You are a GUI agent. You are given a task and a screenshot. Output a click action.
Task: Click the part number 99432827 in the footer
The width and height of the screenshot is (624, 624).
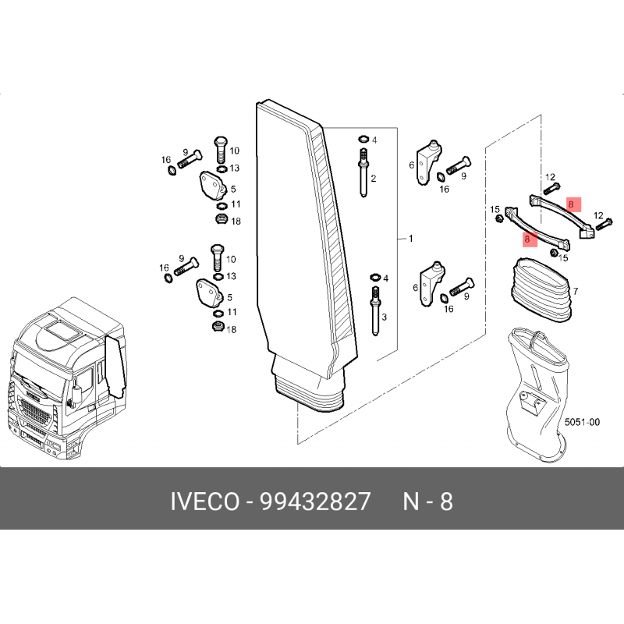(x=315, y=501)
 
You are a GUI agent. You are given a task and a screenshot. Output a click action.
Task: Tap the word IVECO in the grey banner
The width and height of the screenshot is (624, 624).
(x=205, y=501)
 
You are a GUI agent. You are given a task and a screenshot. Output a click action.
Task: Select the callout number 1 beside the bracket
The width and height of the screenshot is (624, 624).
(x=411, y=239)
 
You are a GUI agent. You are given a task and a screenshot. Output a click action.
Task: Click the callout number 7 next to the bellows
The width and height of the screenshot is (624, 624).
(x=576, y=291)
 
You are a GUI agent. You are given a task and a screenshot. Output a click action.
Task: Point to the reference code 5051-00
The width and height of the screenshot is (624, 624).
(x=582, y=422)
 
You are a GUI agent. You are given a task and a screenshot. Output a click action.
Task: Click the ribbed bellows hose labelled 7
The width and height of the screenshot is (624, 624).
(x=541, y=290)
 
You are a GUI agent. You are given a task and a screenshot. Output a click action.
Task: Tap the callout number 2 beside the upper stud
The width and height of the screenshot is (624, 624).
(x=374, y=179)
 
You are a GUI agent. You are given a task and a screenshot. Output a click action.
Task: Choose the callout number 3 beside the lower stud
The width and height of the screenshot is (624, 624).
(x=384, y=317)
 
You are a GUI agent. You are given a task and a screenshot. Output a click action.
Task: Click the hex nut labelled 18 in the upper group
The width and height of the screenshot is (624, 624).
(x=221, y=218)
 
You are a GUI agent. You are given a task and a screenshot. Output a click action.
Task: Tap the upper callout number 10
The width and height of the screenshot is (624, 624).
(x=235, y=151)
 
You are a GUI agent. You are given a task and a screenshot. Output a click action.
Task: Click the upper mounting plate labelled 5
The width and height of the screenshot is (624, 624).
(x=213, y=186)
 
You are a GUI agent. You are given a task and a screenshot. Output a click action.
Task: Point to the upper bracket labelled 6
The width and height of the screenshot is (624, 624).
(x=428, y=162)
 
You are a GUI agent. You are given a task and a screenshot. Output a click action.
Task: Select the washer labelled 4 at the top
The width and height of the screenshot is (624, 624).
(x=363, y=140)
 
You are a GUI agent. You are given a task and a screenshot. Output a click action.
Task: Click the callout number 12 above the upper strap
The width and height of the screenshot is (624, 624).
(x=550, y=177)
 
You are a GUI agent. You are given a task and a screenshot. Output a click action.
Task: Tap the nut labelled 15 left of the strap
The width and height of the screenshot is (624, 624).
(x=499, y=218)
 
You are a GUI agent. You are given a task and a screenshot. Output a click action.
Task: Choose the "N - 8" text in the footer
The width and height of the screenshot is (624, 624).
(x=427, y=501)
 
